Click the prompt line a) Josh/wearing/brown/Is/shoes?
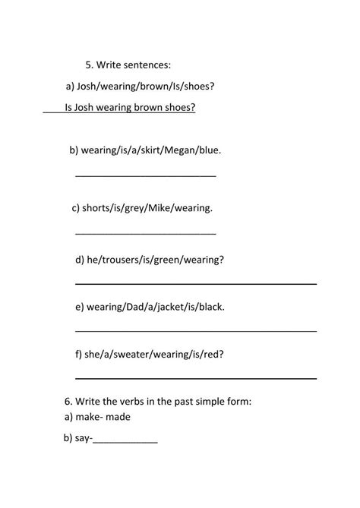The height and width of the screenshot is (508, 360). (x=141, y=87)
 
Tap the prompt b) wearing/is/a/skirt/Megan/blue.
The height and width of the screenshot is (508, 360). (x=145, y=150)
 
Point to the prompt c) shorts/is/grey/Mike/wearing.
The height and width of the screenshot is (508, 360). (x=142, y=207)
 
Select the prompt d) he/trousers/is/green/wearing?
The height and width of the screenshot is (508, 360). (x=150, y=260)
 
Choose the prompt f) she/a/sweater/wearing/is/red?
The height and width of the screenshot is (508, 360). (x=150, y=354)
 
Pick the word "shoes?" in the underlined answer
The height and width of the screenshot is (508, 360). (x=179, y=107)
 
